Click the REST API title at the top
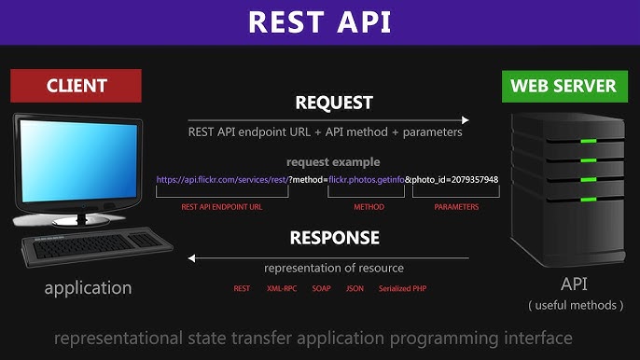pyautogui.click(x=320, y=22)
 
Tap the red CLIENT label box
pyautogui.click(x=76, y=86)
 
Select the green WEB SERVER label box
pyautogui.click(x=563, y=86)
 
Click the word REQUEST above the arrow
pyautogui.click(x=334, y=102)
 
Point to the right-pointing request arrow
pyautogui.click(x=327, y=119)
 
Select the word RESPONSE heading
pyautogui.click(x=334, y=237)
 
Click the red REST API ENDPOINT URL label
pyautogui.click(x=222, y=207)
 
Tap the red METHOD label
pyautogui.click(x=369, y=207)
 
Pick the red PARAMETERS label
pyautogui.click(x=456, y=207)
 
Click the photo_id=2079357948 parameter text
pyautogui.click(x=456, y=179)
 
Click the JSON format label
pyautogui.click(x=355, y=289)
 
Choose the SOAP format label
pyautogui.click(x=321, y=289)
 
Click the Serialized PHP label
pyautogui.click(x=402, y=289)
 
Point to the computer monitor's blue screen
pyautogui.click(x=75, y=159)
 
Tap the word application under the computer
pyautogui.click(x=89, y=287)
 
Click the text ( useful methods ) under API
pyautogui.click(x=575, y=305)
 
